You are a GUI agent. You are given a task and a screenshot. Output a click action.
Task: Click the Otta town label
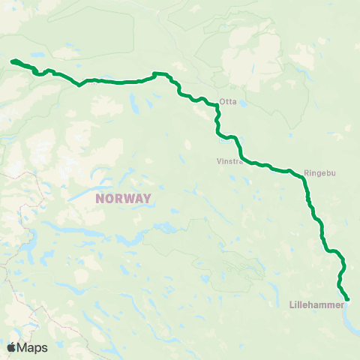(229, 103)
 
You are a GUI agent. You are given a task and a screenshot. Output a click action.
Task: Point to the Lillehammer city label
(316, 306)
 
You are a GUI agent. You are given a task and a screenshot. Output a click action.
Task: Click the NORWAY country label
(124, 199)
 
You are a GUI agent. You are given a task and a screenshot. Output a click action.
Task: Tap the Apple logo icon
(11, 347)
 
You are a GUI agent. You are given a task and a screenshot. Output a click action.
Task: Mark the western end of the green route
(11, 61)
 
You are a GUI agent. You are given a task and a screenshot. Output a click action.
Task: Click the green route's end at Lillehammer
(348, 300)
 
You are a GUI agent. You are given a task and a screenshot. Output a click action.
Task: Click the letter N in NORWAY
(100, 199)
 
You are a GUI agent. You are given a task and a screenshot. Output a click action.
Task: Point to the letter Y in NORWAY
(147, 199)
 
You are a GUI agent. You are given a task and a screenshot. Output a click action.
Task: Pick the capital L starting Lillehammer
(291, 306)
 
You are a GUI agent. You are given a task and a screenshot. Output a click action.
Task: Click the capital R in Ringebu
(307, 172)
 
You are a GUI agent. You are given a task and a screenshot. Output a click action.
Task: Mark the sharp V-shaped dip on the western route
(79, 85)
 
